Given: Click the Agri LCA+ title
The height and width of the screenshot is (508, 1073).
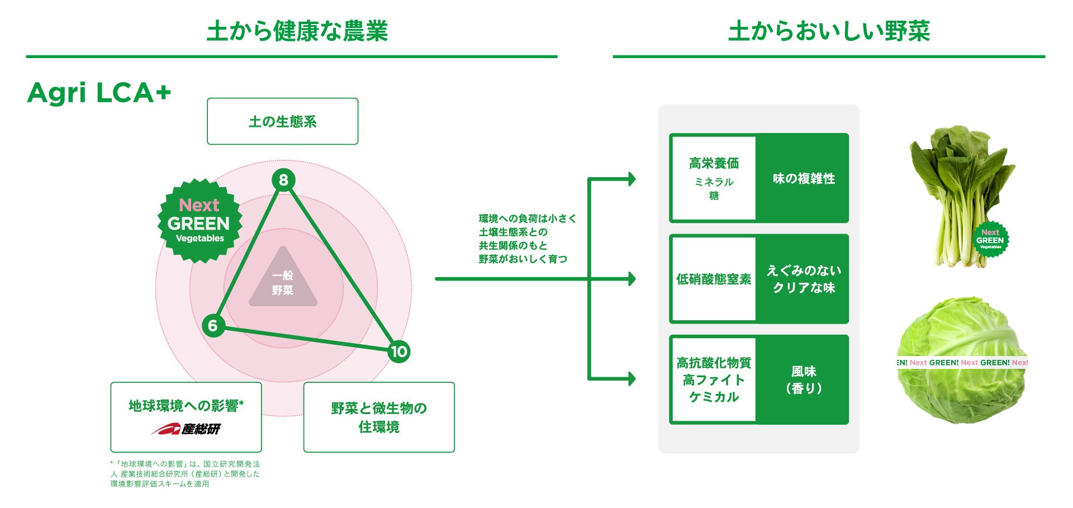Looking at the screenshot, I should click(x=99, y=92).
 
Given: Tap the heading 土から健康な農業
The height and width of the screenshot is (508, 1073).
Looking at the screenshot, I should click(x=297, y=31).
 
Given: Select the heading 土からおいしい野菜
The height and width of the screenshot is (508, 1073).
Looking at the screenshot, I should click(x=829, y=31).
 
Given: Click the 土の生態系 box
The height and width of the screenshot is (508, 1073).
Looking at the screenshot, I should click(x=282, y=121).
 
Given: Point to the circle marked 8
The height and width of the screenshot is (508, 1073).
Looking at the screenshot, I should click(x=283, y=180).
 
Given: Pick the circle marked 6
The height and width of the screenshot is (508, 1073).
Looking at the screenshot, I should click(x=213, y=325).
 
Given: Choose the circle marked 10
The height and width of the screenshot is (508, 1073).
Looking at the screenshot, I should click(x=398, y=352).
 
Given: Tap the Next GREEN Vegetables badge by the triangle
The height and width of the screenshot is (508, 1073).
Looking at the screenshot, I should click(x=200, y=221).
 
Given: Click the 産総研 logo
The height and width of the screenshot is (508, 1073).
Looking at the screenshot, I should click(x=186, y=429).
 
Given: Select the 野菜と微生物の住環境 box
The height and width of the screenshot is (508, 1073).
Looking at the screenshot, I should click(x=378, y=417).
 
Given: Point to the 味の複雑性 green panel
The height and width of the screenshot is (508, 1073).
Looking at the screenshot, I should click(x=803, y=178).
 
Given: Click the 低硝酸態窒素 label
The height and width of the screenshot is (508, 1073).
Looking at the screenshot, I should click(x=714, y=279).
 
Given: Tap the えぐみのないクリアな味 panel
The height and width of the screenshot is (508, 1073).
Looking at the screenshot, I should click(x=803, y=279).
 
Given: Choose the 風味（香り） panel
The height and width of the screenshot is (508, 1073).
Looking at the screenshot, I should click(x=803, y=379).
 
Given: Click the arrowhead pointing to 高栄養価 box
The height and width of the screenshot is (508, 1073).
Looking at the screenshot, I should click(x=632, y=179).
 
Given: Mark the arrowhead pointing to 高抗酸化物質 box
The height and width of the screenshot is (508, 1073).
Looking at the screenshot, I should click(x=632, y=379).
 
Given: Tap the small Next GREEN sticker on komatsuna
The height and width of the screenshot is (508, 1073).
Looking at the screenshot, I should click(x=990, y=240).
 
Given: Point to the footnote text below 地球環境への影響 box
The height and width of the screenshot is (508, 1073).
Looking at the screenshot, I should click(x=185, y=474).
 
